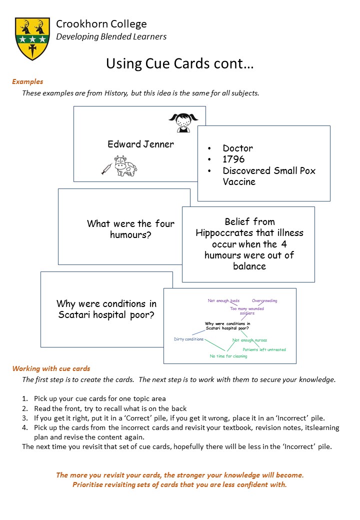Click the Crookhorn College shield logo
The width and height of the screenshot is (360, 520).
click(x=32, y=38)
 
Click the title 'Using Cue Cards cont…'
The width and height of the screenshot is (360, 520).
click(x=179, y=63)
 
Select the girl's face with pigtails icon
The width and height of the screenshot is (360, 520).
click(x=183, y=122)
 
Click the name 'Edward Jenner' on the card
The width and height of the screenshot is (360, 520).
click(x=140, y=144)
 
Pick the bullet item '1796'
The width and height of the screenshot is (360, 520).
click(x=233, y=159)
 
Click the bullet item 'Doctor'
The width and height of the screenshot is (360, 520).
click(x=237, y=148)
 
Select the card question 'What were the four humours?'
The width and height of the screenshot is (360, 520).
click(x=130, y=228)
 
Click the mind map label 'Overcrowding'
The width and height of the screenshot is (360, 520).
click(x=264, y=301)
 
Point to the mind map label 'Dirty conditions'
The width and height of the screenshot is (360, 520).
click(x=188, y=339)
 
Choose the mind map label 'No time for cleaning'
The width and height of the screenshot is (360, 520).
click(x=228, y=356)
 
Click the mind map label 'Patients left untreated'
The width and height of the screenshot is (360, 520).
click(x=264, y=349)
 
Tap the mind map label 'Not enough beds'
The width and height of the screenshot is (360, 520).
click(x=223, y=301)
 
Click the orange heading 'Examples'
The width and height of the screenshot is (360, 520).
click(x=27, y=81)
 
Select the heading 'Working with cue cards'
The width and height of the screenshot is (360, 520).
click(x=51, y=368)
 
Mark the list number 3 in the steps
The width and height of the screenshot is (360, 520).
click(x=24, y=418)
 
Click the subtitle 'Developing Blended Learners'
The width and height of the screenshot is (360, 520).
click(x=111, y=36)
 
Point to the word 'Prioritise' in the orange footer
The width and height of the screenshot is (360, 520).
click(x=90, y=484)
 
